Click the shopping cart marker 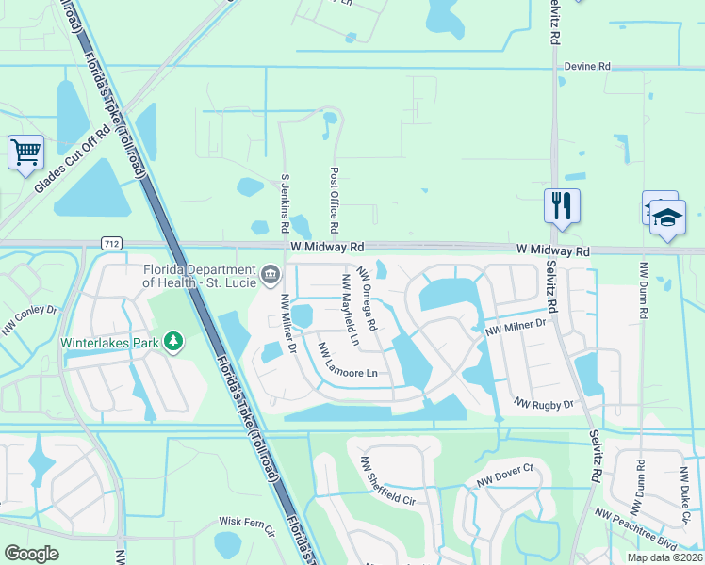pos(25,151)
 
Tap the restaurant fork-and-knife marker pos(562,204)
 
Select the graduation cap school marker pos(668,218)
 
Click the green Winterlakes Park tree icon pos(173,340)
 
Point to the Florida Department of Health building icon pos(271,276)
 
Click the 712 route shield pos(111,244)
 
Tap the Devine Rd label pos(588,67)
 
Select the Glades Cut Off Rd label pos(73,159)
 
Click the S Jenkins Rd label pos(285,202)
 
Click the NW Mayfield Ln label pos(352,307)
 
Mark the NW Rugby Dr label pos(544,404)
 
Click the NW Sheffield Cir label pos(387,481)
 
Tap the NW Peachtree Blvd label pos(636,529)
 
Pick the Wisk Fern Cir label pos(246,521)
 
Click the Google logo pos(31,554)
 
